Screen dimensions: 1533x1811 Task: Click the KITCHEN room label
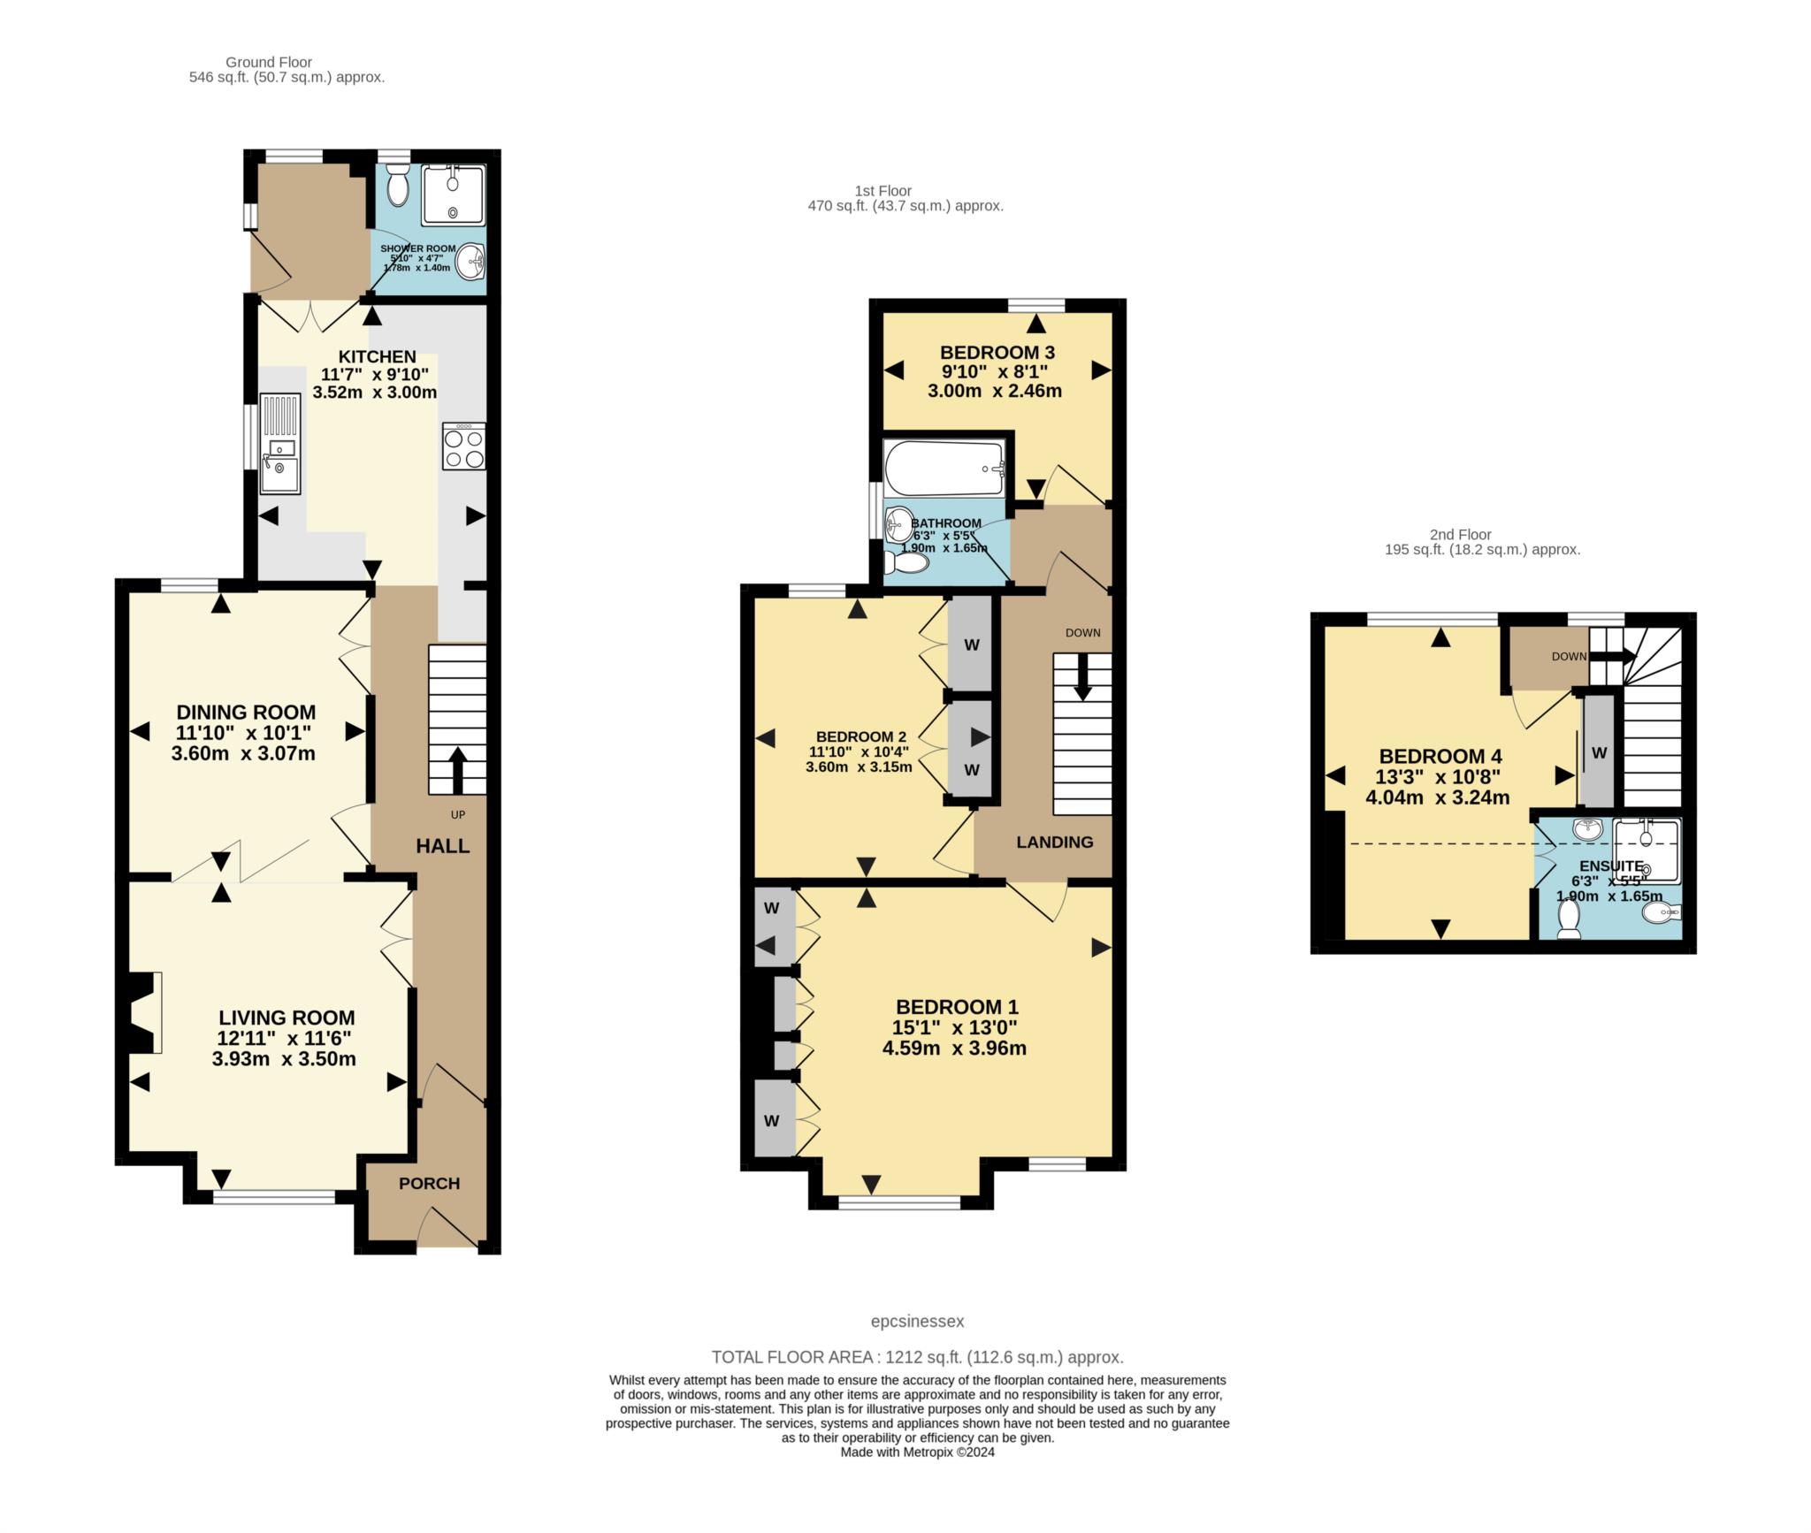[377, 356]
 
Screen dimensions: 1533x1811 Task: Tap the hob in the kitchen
[463, 446]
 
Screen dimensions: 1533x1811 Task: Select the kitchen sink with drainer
[280, 444]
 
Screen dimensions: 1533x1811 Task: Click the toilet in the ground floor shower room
[398, 187]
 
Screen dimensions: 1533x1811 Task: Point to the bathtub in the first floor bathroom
[944, 468]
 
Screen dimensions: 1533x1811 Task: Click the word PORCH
[429, 1183]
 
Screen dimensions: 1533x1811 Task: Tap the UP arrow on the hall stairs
[457, 770]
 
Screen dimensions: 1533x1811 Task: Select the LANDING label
[1054, 842]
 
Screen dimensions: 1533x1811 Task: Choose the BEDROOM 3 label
[997, 352]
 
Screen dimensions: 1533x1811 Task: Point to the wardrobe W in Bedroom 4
[1599, 752]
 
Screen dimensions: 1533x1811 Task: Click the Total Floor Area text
[917, 1356]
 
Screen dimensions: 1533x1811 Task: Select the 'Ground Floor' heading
[269, 62]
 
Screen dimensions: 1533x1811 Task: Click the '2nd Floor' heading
[1460, 534]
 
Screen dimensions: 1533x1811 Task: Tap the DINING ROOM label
[246, 712]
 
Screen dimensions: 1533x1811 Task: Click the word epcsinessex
[917, 1321]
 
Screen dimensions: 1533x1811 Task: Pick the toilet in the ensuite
[1569, 919]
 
